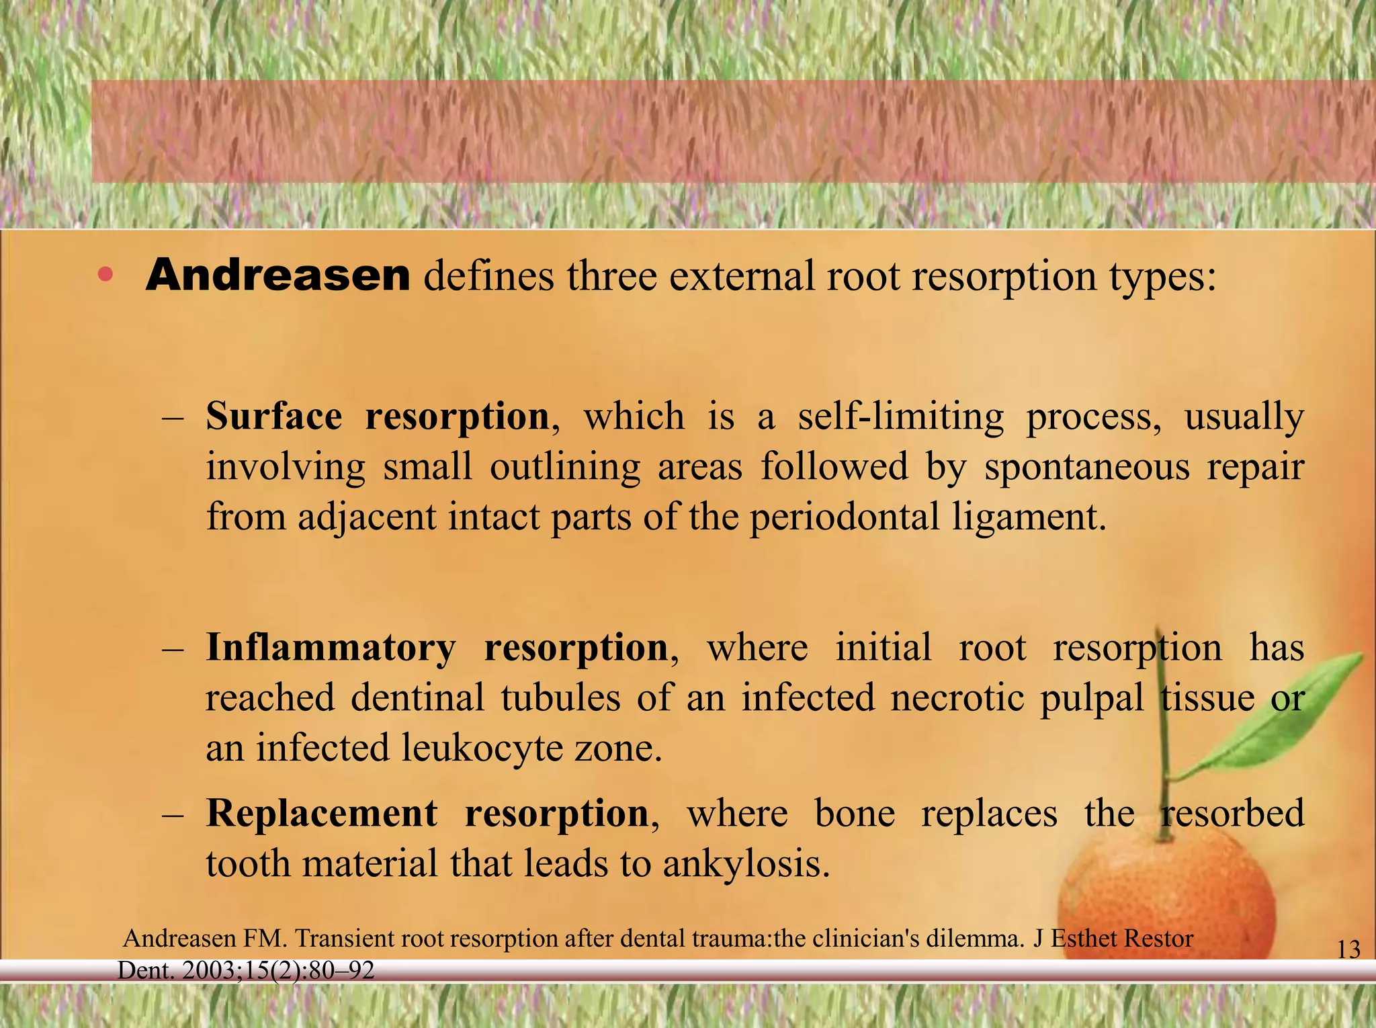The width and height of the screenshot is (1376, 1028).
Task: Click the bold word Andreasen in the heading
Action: tap(277, 275)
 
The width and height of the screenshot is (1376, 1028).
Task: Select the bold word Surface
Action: tap(274, 417)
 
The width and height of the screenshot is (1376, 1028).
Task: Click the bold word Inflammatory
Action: tap(330, 648)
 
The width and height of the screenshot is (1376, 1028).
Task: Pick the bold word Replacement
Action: tap(321, 814)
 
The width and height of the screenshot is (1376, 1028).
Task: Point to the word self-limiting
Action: tap(900, 417)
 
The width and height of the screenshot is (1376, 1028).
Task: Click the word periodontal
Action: tap(845, 517)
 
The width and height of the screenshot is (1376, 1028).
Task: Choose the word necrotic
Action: tap(957, 697)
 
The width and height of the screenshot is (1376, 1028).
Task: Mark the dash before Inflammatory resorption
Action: tap(173, 649)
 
